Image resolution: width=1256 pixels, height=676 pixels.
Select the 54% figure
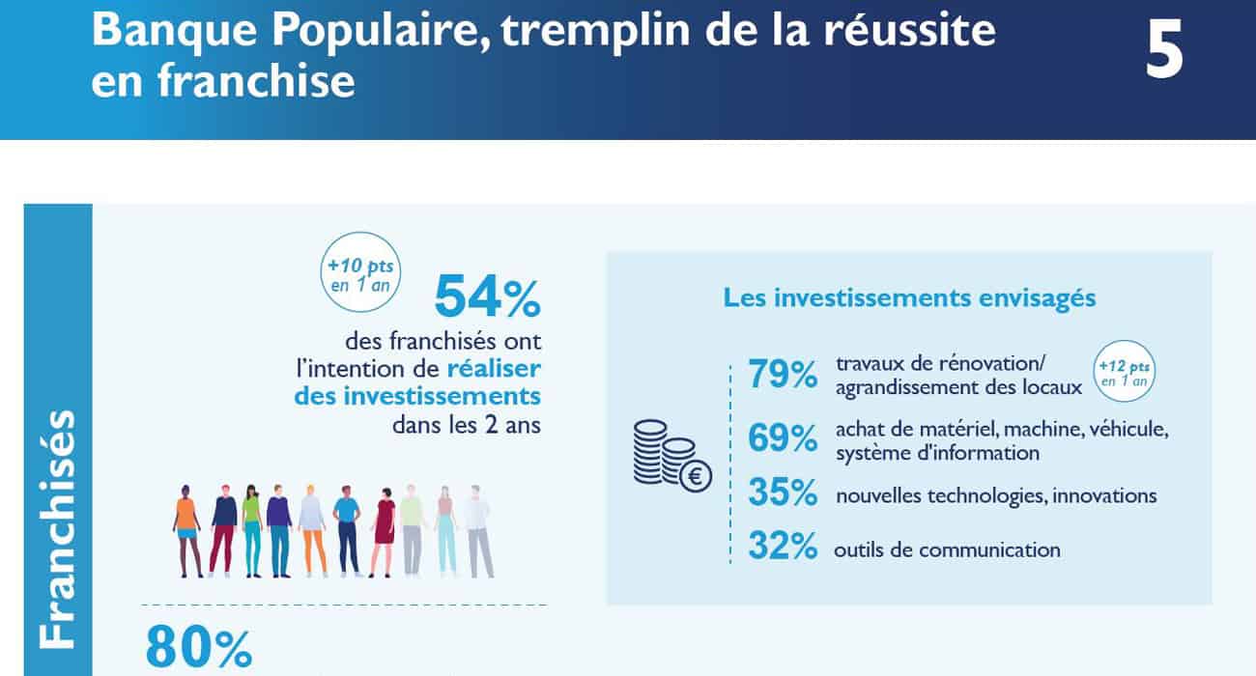coord(487,296)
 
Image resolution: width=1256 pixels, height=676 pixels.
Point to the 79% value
coord(783,375)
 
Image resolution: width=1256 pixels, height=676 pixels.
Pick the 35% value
coord(783,493)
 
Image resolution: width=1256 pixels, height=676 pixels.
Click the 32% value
coord(783,548)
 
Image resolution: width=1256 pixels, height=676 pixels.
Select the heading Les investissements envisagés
coord(909,297)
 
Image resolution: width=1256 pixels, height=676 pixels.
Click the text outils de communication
coord(947,550)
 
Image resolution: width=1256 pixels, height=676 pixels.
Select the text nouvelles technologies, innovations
coord(996,495)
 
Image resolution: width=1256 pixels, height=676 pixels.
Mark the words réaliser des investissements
coord(454,382)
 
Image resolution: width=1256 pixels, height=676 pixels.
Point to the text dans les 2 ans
coord(467,425)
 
